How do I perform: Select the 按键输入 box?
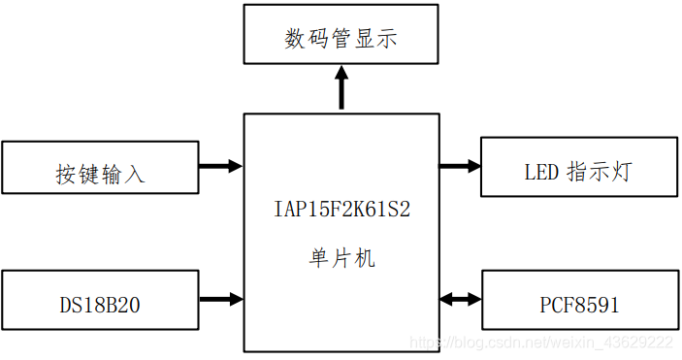(100, 167)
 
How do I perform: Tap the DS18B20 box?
(100, 299)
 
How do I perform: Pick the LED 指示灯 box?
(578, 167)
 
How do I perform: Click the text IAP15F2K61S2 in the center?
(341, 209)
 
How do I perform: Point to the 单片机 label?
(341, 259)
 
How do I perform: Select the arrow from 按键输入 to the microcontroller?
(220, 166)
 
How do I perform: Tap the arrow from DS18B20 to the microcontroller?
(220, 299)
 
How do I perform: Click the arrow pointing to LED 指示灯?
(460, 166)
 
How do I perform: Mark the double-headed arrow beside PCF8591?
(460, 299)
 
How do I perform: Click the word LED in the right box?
(541, 174)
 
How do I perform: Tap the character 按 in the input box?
(67, 175)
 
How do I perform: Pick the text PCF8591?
(579, 306)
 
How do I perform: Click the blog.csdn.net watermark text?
(540, 343)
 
